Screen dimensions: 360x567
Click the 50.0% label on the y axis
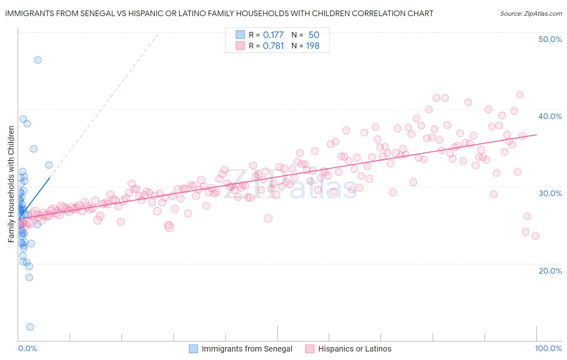point(550,39)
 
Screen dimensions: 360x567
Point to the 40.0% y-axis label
point(550,116)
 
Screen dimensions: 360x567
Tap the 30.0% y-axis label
point(550,193)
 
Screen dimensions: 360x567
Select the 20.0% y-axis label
point(550,271)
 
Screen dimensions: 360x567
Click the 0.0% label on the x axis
point(27,348)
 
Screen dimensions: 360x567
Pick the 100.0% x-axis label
point(548,348)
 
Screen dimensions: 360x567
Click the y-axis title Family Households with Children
point(11,184)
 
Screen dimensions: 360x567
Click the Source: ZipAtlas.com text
point(531,13)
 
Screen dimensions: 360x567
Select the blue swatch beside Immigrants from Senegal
point(194,349)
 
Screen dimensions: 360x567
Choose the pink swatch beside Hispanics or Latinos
point(310,349)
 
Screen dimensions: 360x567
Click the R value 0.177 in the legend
point(273,35)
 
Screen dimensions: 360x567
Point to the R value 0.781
point(273,46)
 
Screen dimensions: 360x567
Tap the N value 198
point(313,46)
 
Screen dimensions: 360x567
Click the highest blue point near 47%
point(38,60)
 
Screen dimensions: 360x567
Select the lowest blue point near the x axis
point(30,327)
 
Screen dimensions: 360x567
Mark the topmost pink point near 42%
point(519,95)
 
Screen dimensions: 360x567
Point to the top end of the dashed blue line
point(158,33)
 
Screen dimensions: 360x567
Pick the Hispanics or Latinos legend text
point(354,349)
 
